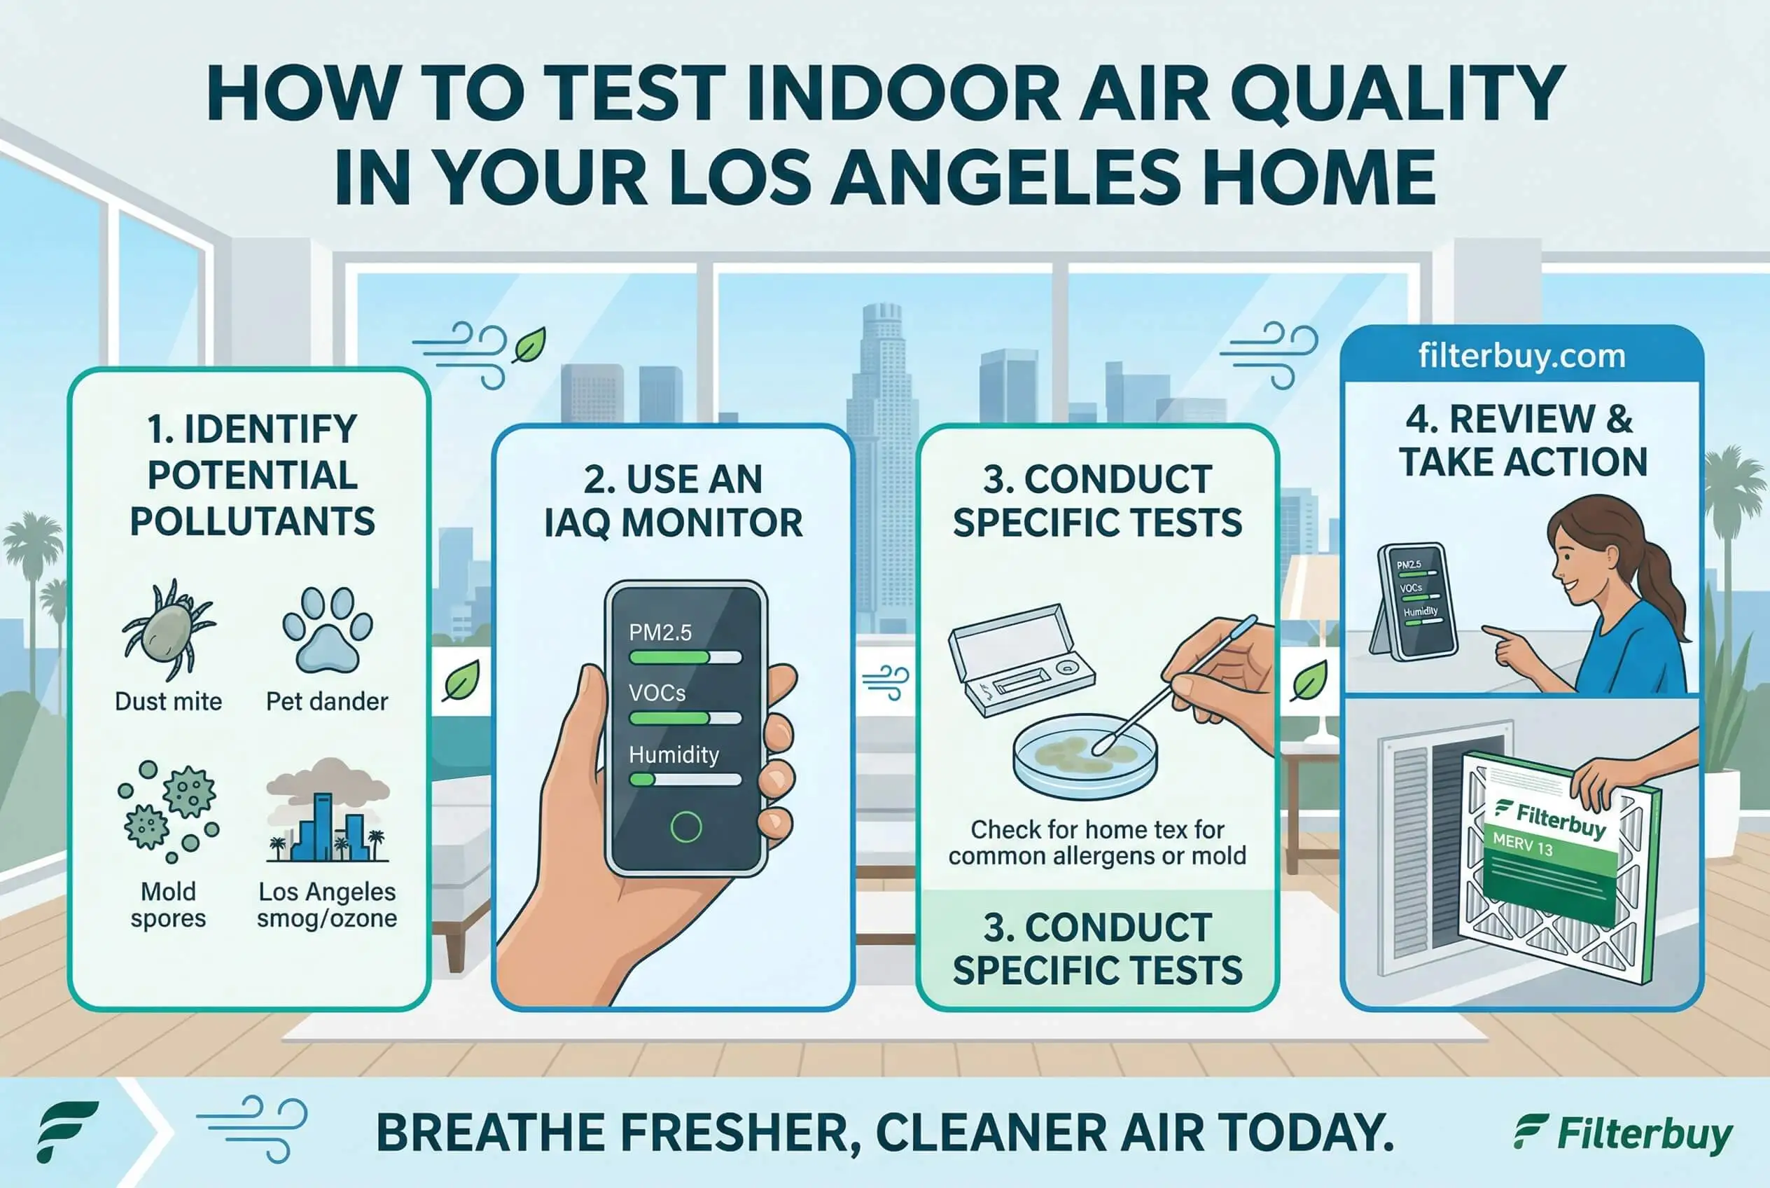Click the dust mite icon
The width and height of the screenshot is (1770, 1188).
[168, 629]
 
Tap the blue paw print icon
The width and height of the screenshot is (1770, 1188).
[327, 630]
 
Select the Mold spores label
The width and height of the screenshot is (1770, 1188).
[168, 904]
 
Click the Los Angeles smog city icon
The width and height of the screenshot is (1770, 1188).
[327, 810]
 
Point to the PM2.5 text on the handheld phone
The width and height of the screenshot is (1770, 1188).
[660, 633]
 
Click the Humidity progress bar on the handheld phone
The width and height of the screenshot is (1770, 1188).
[685, 779]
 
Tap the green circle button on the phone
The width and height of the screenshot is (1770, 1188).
[686, 827]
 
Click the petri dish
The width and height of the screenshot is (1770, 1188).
[1085, 756]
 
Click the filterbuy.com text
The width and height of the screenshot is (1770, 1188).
[1522, 356]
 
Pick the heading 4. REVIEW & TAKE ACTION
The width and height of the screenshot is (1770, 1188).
[1522, 440]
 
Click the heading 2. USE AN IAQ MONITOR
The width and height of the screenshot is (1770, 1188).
[674, 501]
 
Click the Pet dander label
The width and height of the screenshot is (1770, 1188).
[327, 702]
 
